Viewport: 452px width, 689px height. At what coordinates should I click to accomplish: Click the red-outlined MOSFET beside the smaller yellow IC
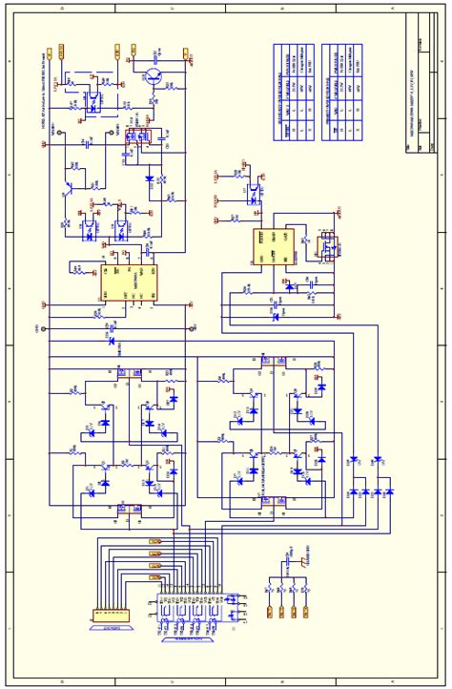(x=328, y=247)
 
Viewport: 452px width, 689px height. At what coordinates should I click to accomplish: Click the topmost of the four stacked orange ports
(x=156, y=541)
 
